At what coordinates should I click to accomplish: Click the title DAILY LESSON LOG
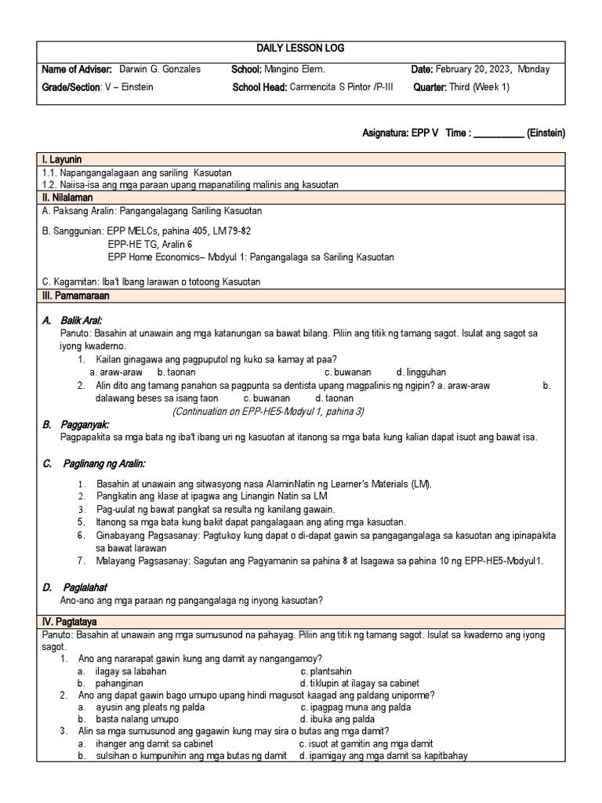(x=300, y=49)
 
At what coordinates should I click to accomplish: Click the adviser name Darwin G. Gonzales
(x=159, y=69)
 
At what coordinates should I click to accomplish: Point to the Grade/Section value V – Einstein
(x=129, y=87)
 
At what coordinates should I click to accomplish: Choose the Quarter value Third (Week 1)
(x=479, y=87)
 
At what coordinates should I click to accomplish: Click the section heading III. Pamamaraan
(x=75, y=296)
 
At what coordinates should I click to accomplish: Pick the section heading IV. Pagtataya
(x=71, y=622)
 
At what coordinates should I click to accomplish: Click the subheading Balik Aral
(x=82, y=320)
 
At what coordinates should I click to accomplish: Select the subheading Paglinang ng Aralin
(x=103, y=463)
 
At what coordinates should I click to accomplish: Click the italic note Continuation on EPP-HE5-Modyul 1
(x=268, y=411)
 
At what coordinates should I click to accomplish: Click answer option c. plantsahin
(x=326, y=671)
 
